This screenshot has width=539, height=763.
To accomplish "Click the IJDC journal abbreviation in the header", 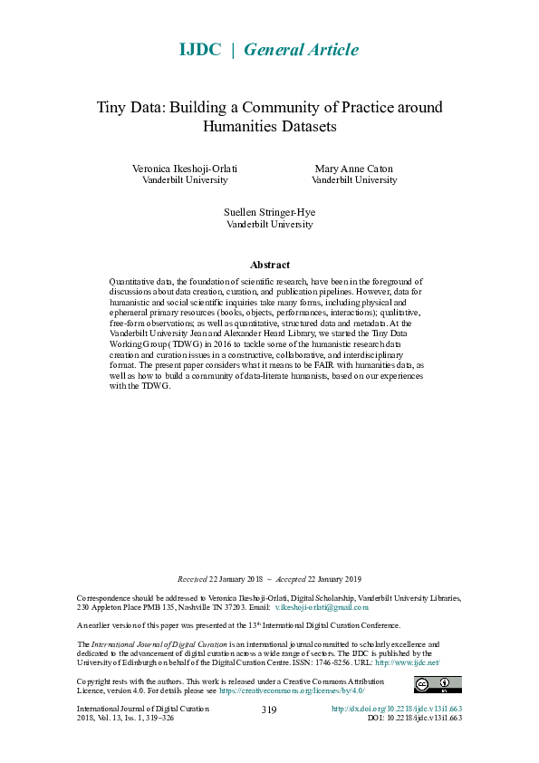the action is click(x=201, y=50).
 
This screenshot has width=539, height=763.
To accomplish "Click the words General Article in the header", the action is click(x=301, y=50).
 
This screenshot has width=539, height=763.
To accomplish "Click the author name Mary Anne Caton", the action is click(x=354, y=169).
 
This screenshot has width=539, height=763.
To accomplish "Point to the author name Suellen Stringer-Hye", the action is click(x=269, y=212).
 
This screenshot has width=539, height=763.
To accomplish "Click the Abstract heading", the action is click(x=269, y=265).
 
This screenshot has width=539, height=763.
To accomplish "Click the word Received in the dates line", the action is click(x=192, y=579).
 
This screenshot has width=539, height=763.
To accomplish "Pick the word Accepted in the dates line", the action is click(x=291, y=579).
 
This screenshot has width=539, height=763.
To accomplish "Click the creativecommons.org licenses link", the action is click(x=292, y=691).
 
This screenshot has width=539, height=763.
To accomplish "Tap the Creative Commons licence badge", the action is click(x=438, y=684).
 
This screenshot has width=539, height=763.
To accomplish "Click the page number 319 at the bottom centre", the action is click(x=269, y=710).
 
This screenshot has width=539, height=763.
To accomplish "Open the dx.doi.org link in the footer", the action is click(x=397, y=708).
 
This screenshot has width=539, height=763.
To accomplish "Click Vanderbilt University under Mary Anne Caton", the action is click(x=354, y=179).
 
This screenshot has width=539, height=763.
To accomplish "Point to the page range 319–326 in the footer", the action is click(x=155, y=718).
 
